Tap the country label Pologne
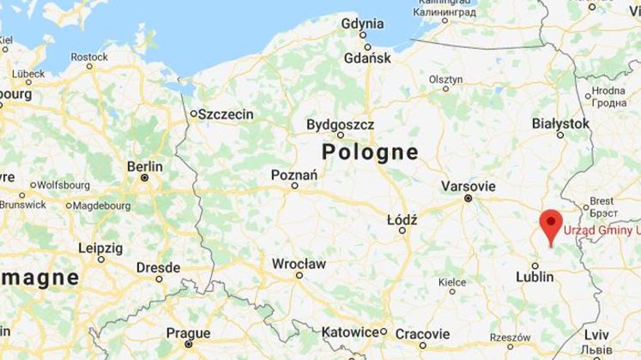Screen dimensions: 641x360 click(370, 152)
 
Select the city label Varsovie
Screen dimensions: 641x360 click(468, 186)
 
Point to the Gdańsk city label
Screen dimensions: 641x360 click(367, 58)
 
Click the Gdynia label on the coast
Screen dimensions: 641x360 click(363, 24)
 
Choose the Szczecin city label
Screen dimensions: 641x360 click(226, 115)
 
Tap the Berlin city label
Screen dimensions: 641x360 click(145, 167)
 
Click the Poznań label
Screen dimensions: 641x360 click(294, 174)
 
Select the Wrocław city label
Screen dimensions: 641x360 click(299, 264)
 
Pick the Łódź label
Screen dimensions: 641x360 click(403, 220)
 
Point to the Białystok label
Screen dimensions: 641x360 click(560, 124)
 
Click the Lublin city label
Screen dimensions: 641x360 click(535, 277)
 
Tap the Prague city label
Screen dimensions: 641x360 click(188, 333)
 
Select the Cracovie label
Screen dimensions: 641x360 click(422, 334)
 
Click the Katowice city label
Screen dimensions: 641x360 click(351, 332)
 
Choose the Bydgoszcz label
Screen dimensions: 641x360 click(340, 124)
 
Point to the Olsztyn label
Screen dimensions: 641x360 click(445, 79)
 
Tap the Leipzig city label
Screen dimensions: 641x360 click(101, 248)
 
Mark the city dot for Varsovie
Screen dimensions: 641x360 click(469, 199)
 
